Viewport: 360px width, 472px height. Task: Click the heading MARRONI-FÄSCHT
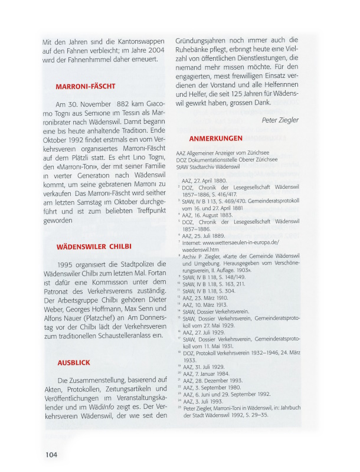click(86, 87)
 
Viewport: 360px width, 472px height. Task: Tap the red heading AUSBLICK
click(74, 362)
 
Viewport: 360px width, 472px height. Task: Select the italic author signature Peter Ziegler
click(280, 120)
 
